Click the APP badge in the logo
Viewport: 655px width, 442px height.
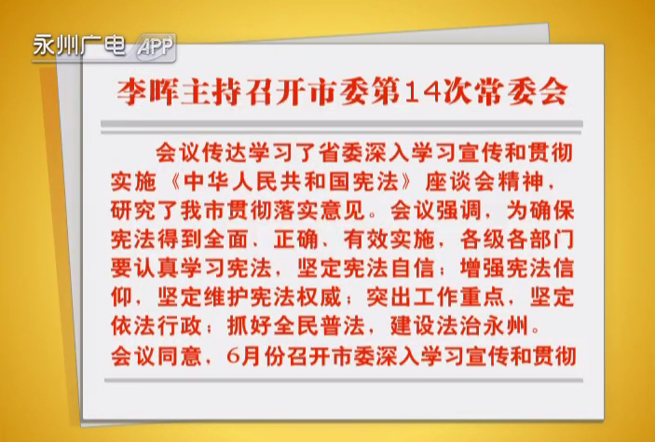[156, 47]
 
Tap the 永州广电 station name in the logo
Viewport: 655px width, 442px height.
[79, 45]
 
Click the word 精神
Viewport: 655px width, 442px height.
[522, 183]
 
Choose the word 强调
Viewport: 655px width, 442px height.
[459, 211]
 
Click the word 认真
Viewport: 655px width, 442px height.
[157, 269]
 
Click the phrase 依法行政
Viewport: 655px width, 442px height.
[157, 326]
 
